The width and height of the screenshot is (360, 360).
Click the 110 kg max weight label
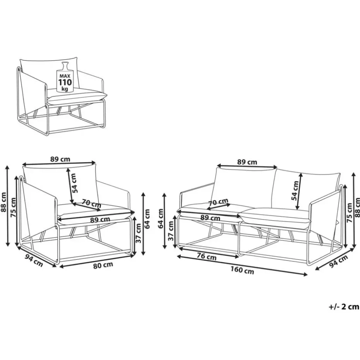coord(65,82)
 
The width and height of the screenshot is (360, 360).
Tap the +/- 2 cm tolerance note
coord(343,307)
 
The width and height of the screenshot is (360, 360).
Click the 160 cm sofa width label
coord(242,270)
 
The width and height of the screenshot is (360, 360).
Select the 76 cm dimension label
coord(207,257)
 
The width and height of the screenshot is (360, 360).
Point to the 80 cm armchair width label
coord(103,265)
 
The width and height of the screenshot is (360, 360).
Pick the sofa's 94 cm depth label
coord(338,262)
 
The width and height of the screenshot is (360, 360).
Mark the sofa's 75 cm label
coord(349,213)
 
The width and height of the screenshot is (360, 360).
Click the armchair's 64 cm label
coord(147,219)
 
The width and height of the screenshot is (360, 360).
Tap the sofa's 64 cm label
coord(161,218)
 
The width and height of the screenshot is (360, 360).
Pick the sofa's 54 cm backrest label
coord(295,191)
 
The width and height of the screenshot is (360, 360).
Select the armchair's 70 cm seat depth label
coord(91,203)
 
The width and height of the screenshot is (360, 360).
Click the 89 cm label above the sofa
coord(247,162)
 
